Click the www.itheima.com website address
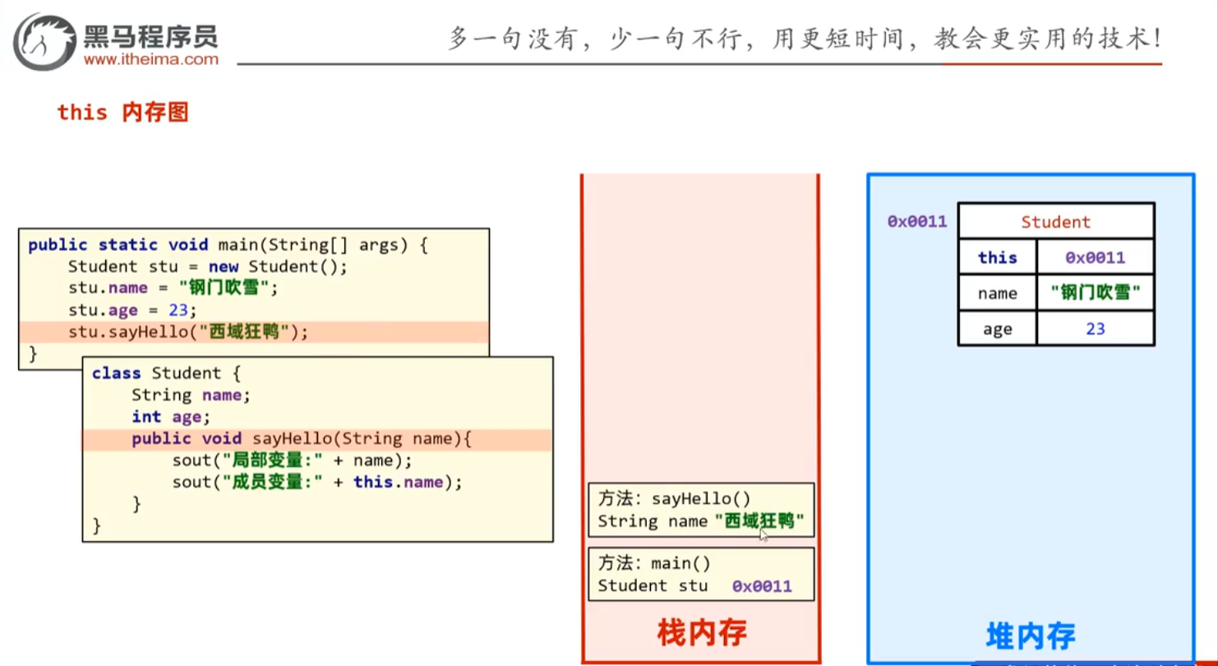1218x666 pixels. click(151, 59)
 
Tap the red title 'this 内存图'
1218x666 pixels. click(123, 112)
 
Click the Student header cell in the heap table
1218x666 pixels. click(1055, 222)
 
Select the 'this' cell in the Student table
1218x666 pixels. click(997, 257)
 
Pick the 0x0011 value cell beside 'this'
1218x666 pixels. click(1095, 257)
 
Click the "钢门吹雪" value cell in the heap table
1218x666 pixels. click(1095, 293)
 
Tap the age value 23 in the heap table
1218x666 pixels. click(1095, 329)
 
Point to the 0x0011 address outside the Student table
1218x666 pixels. click(917, 221)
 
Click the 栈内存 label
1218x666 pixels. click(701, 632)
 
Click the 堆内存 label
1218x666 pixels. click(1030, 635)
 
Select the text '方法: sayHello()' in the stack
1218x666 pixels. click(674, 498)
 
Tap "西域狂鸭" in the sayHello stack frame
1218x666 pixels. click(759, 521)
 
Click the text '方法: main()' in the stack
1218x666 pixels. click(654, 563)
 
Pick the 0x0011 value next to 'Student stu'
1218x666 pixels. click(762, 586)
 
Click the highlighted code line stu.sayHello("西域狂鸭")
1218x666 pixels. click(188, 332)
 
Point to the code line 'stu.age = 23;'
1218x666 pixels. click(133, 310)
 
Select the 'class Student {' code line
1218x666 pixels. click(165, 373)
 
